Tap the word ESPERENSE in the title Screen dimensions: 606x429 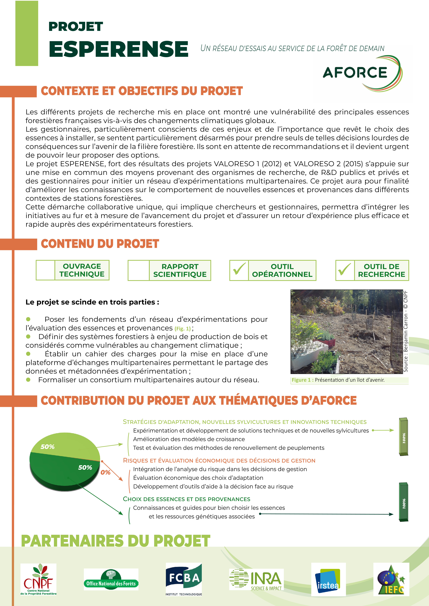[x=118, y=49]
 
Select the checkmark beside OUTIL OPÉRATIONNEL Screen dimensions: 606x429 [x=239, y=270]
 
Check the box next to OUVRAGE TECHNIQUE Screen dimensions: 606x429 [x=45, y=270]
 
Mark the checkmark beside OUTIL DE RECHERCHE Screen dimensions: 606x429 [x=345, y=270]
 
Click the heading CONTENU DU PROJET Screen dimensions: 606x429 [x=100, y=244]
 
